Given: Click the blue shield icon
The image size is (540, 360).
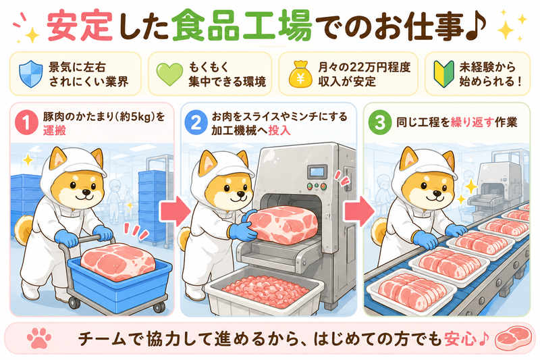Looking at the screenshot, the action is (x=31, y=74).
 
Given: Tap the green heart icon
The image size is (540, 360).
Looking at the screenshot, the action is (x=169, y=74).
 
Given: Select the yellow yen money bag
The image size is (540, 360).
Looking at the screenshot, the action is (x=300, y=74).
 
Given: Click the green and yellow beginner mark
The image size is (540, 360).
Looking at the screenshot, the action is (x=443, y=74).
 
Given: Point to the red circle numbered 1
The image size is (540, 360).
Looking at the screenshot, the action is (x=26, y=122).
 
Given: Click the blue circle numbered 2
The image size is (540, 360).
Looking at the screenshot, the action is (x=196, y=123).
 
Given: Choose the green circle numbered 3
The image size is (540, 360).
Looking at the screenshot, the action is (x=380, y=122).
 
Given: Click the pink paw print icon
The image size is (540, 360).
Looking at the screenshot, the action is (x=39, y=338).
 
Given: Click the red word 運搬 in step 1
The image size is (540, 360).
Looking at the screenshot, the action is (x=55, y=130).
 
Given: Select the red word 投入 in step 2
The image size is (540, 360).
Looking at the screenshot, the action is (x=279, y=130).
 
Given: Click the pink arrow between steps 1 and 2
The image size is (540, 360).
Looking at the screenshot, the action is (x=175, y=211).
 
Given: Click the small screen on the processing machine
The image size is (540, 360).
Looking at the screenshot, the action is (x=317, y=172).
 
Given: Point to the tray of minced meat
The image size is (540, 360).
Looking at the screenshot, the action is (x=265, y=292).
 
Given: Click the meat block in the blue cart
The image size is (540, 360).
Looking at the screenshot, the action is (x=118, y=261).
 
